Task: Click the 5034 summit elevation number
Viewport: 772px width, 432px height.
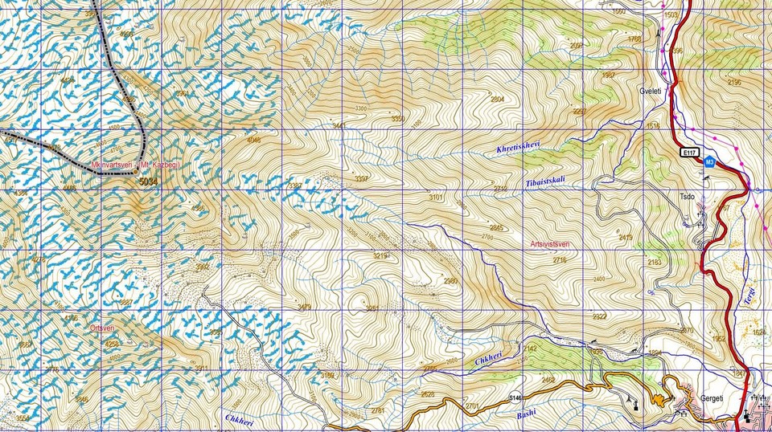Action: coord(149,181)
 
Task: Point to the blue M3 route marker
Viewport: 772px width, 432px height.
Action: coord(708,161)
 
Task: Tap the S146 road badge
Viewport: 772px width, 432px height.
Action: coord(515,397)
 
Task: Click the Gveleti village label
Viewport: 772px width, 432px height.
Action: coord(650,92)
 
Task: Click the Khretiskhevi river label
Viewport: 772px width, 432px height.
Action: coord(518,147)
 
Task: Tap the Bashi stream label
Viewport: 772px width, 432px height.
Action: coord(525,413)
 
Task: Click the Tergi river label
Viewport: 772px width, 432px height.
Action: coord(750,296)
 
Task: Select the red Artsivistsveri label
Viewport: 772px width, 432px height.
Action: coord(550,244)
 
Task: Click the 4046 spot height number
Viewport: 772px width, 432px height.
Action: coord(254,140)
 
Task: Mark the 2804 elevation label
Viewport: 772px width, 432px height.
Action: coord(498,99)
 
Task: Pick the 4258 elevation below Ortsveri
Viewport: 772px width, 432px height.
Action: coord(111,344)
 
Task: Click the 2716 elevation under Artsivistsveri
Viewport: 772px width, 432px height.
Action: coord(561,260)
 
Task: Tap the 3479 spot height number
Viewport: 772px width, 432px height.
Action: coord(304,307)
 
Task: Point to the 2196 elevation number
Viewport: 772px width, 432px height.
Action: coord(734,82)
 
